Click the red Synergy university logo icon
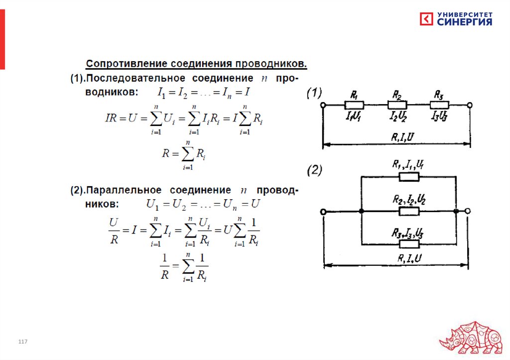click(x=426, y=19)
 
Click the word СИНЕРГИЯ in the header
click(x=465, y=22)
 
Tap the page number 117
click(x=22, y=342)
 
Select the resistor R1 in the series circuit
click(x=354, y=105)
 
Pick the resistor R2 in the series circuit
click(x=397, y=105)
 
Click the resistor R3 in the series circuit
click(x=440, y=105)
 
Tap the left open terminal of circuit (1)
click(x=323, y=105)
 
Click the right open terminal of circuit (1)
click(x=470, y=105)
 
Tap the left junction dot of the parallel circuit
click(x=362, y=212)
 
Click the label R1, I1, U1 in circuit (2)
click(x=407, y=164)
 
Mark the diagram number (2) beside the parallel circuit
click(x=315, y=171)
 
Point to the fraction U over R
click(x=114, y=231)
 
